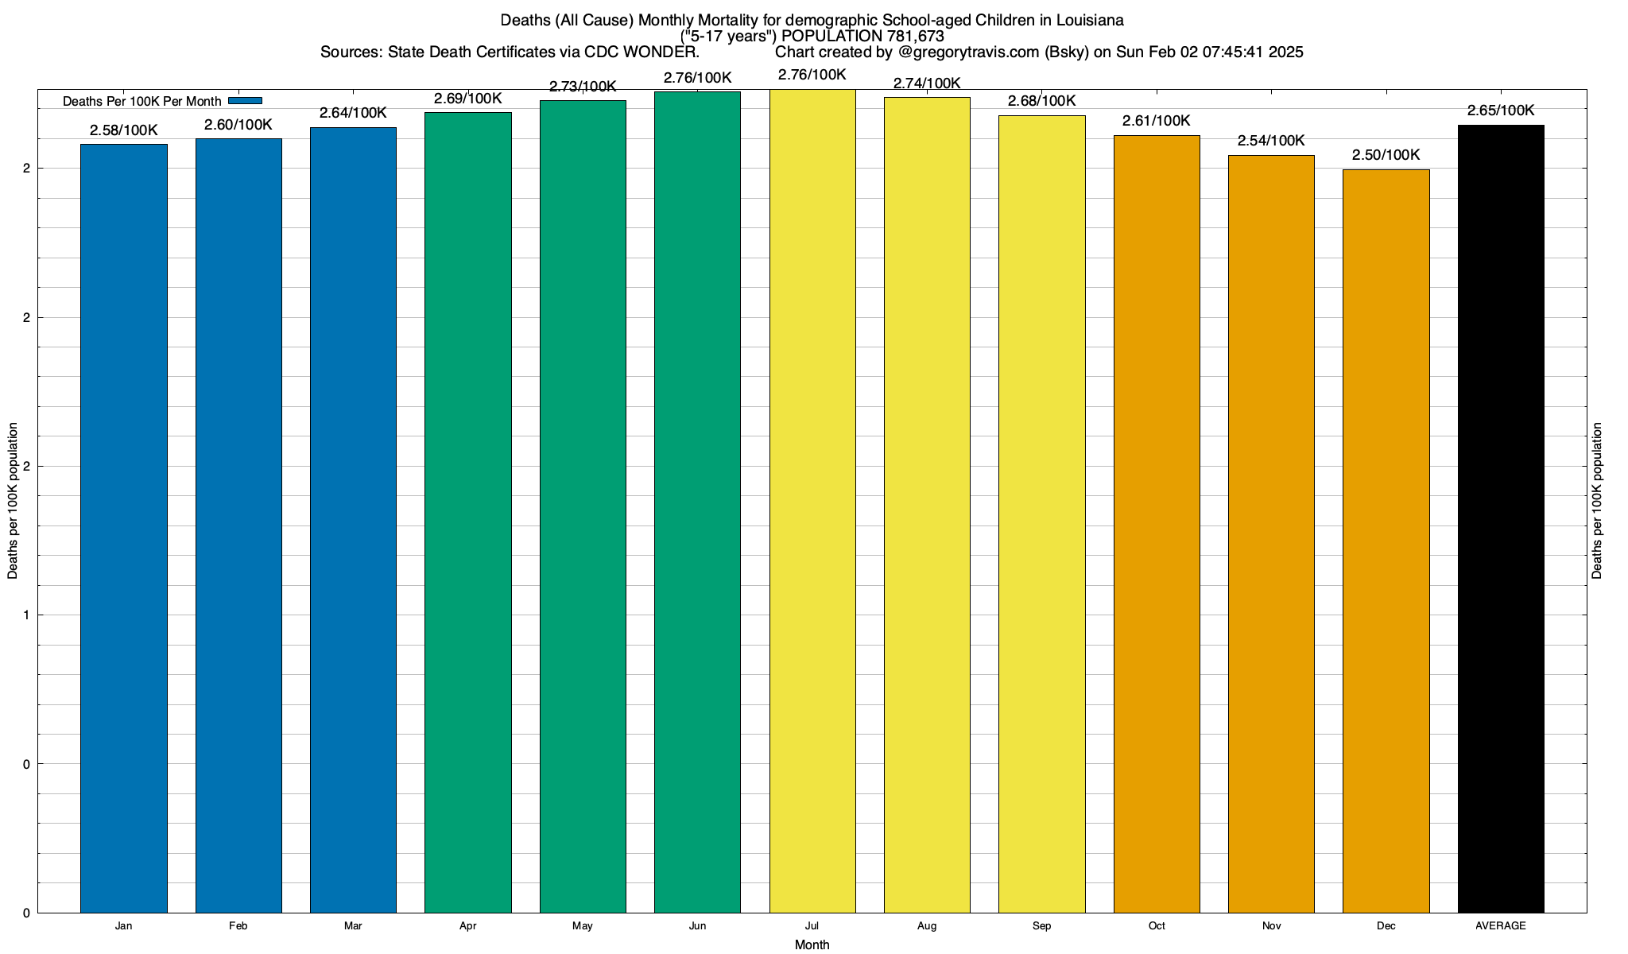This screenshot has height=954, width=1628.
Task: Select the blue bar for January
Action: click(123, 529)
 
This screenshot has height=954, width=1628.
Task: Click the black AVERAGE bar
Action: click(1501, 518)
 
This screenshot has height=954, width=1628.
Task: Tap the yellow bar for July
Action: click(812, 501)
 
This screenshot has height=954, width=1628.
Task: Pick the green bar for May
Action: click(583, 506)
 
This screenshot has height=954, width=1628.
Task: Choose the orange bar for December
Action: click(1386, 541)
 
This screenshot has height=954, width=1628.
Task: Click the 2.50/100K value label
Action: click(1386, 155)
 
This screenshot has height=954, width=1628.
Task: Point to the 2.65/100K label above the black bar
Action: click(1501, 111)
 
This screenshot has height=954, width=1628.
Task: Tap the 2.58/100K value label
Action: click(123, 130)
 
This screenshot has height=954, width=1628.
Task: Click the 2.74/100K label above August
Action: click(927, 83)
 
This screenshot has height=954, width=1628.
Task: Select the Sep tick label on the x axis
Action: click(1041, 926)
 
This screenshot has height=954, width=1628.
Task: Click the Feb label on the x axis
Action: click(238, 926)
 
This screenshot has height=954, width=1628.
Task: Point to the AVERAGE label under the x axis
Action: click(1501, 926)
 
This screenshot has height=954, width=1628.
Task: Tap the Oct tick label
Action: click(1157, 926)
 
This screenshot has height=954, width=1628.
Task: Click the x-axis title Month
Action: click(812, 944)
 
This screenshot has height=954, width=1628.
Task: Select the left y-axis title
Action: click(13, 501)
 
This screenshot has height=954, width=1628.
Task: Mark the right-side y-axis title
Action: click(1597, 501)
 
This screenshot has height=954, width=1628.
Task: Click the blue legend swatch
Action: click(245, 100)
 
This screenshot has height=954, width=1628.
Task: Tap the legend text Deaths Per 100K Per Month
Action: click(141, 101)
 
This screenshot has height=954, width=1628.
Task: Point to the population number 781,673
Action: click(915, 36)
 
